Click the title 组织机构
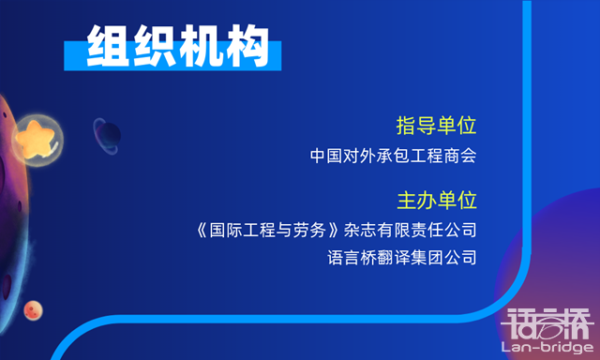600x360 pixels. [x=177, y=44]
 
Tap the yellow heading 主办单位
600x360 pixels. [x=437, y=201]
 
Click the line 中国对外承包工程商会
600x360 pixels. [x=394, y=155]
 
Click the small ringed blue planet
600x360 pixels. [x=105, y=135]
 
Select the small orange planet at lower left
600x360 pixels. [x=35, y=308]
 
